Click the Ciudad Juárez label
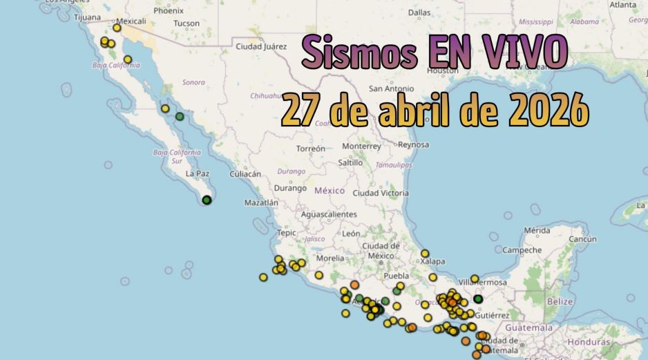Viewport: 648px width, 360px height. click(x=261, y=47)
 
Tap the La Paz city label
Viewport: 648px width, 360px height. click(x=198, y=174)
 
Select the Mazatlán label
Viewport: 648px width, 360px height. click(x=261, y=203)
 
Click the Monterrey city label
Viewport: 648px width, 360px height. click(x=361, y=146)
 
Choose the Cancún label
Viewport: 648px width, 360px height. click(x=582, y=239)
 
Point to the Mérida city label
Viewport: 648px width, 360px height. click(x=537, y=230)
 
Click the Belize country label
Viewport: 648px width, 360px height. click(x=560, y=302)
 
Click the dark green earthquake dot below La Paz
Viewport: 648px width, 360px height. click(x=207, y=200)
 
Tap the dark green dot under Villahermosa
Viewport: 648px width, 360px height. click(x=478, y=299)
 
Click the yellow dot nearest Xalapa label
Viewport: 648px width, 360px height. click(x=425, y=254)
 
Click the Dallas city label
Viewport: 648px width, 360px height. click(x=419, y=12)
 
